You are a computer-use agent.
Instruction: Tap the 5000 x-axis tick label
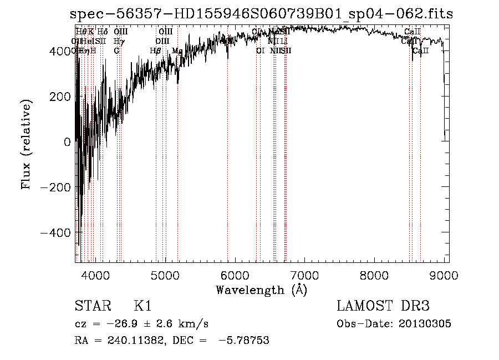coord(166,275)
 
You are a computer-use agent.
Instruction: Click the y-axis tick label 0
coord(67,142)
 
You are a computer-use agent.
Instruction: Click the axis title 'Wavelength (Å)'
coord(261,290)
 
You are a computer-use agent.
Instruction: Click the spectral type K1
coord(142,307)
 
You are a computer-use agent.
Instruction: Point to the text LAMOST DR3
coord(383,307)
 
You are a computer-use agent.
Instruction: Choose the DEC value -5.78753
coord(244,341)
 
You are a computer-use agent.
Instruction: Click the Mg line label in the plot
coord(177,50)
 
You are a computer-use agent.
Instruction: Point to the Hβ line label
coord(155,50)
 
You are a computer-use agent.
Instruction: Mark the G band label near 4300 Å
coord(116,50)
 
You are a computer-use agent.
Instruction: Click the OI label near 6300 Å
coord(260,50)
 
